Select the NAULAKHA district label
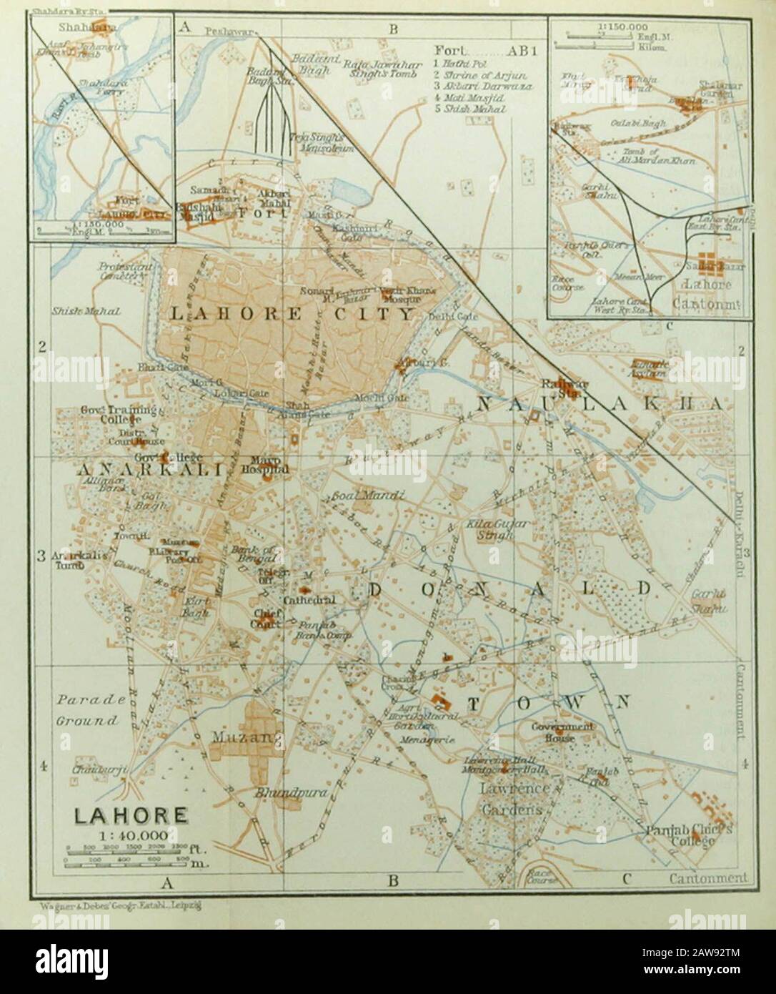597,404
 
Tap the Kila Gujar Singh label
507,529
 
